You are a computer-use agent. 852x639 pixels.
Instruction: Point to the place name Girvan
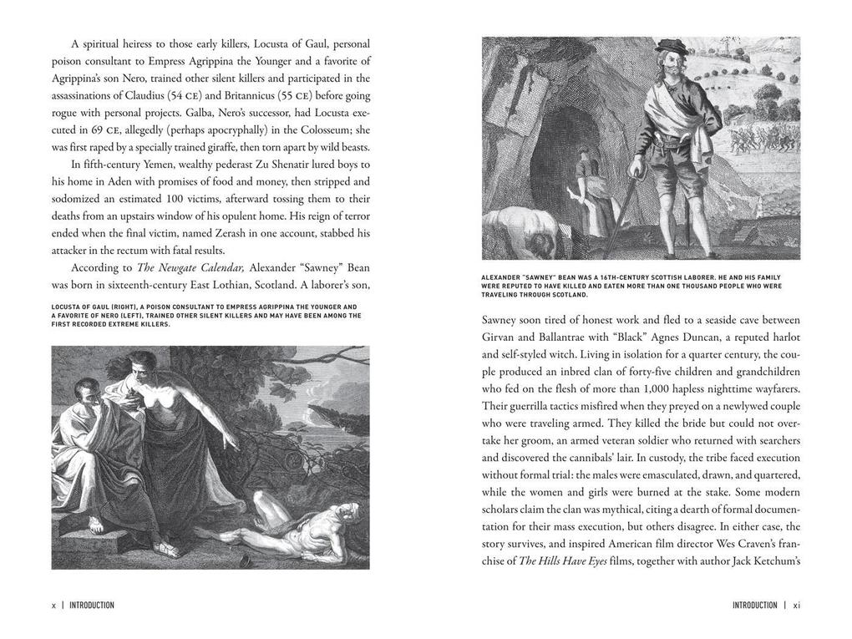click(x=501, y=337)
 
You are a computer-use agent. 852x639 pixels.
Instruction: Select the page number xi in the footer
click(x=797, y=606)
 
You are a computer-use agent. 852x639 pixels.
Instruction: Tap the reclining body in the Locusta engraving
click(x=292, y=530)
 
